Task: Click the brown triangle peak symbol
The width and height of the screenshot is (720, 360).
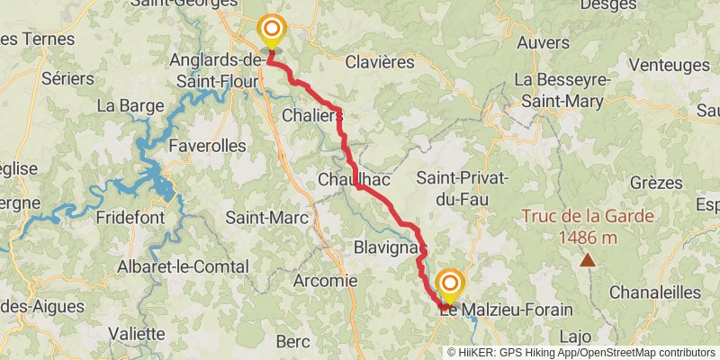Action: (x=587, y=260)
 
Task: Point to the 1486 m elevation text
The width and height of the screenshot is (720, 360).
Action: (x=587, y=238)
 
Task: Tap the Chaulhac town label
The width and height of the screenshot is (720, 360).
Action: (x=353, y=181)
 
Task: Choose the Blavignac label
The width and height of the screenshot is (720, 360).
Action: (x=389, y=246)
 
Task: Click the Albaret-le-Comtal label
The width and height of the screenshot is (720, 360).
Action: (x=183, y=267)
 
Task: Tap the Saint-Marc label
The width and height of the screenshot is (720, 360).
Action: (x=266, y=218)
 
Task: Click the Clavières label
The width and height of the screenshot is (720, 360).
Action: (x=380, y=63)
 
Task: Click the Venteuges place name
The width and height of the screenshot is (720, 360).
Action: (x=669, y=65)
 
